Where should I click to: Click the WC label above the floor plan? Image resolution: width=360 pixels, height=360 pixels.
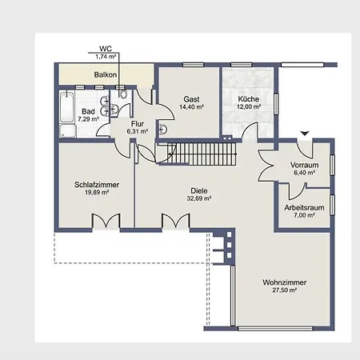(x=106, y=49)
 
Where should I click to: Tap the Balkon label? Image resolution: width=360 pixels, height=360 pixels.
(x=106, y=75)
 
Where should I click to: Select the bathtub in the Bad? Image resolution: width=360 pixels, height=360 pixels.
(x=66, y=107)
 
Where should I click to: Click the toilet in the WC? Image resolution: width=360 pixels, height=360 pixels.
(x=123, y=94)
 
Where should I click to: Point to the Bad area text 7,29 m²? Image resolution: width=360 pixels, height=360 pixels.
(x=88, y=119)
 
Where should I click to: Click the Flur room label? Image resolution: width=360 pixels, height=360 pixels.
(x=138, y=124)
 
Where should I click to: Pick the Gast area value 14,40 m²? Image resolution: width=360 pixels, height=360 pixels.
(x=192, y=107)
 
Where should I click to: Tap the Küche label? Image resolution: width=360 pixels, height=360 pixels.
(x=249, y=99)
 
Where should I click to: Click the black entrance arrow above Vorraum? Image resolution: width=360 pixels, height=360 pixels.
(x=305, y=134)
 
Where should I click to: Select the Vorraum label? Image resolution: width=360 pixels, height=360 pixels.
(x=305, y=165)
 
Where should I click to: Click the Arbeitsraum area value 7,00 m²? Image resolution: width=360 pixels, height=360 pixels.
(x=305, y=215)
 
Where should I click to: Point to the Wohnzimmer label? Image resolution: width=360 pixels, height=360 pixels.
(x=285, y=282)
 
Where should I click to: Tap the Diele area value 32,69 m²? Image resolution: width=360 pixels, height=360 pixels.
(x=199, y=198)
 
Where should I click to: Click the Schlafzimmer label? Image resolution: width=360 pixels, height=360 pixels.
(x=97, y=185)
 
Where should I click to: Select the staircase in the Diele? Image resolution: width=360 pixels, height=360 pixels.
(x=202, y=154)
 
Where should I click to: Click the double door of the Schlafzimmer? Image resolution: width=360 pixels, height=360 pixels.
(x=106, y=221)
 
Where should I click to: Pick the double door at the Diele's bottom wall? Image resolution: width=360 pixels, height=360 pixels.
(x=176, y=221)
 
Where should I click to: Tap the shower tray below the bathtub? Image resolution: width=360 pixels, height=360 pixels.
(x=67, y=131)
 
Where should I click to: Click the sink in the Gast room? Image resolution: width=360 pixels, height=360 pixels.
(x=162, y=130)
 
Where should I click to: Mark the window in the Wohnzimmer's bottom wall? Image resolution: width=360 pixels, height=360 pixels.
(x=275, y=328)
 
